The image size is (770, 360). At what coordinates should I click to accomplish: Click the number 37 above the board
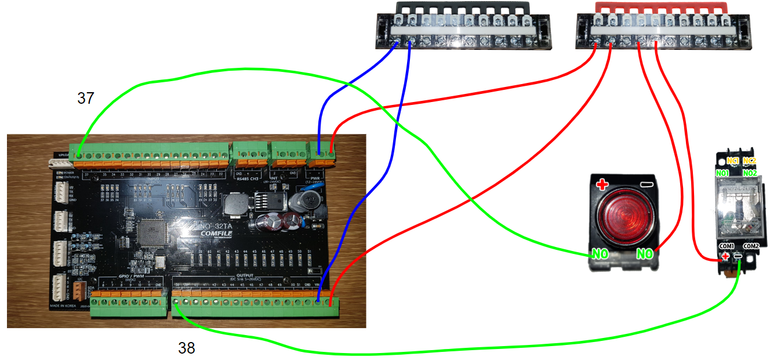click(86, 99)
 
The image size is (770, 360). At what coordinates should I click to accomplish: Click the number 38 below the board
click(186, 348)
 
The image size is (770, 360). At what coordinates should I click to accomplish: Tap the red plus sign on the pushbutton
click(602, 185)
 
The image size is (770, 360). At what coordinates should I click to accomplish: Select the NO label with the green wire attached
click(600, 254)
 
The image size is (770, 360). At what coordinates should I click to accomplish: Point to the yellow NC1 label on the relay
click(733, 161)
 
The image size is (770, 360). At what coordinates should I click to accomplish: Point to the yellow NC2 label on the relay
click(749, 161)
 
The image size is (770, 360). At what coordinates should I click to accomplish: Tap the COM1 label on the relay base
click(727, 246)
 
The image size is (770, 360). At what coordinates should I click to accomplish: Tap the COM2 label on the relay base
click(751, 246)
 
